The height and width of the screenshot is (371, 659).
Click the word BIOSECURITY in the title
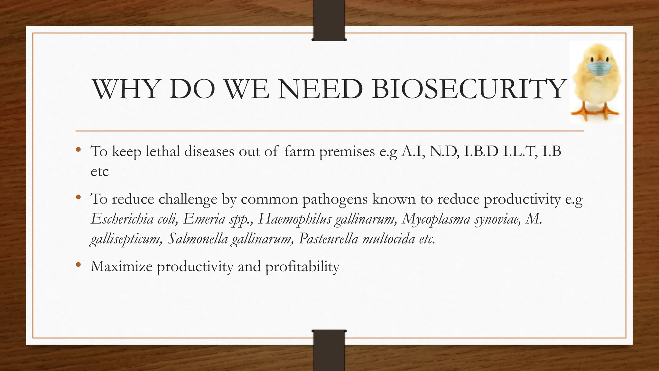468,89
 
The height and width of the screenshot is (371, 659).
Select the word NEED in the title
320,89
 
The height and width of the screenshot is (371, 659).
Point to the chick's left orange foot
581,113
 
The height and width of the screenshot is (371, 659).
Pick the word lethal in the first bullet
162,151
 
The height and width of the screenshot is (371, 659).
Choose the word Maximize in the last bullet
121,266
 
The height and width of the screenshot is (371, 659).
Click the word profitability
302,267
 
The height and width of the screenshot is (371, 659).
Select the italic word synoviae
497,219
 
